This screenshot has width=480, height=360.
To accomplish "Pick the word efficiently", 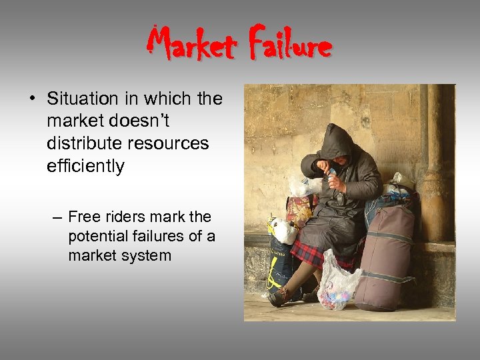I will pyautogui.click(x=85, y=166).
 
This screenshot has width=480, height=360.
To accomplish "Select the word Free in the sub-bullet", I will pyautogui.click(x=83, y=217).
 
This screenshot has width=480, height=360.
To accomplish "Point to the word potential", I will pyautogui.click(x=97, y=236).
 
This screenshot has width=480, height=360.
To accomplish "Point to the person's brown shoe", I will pyautogui.click(x=281, y=295).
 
